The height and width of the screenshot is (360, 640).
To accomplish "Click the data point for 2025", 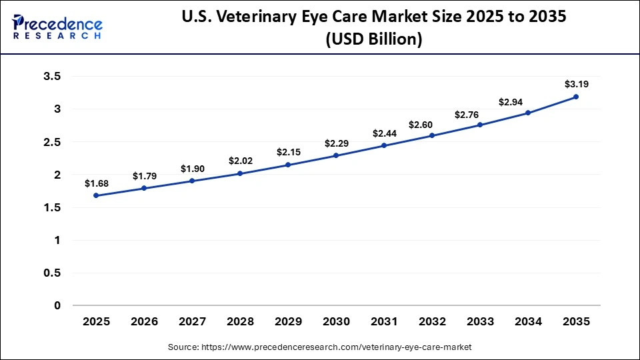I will pos(97,195).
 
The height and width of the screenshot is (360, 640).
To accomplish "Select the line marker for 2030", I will pos(336,155).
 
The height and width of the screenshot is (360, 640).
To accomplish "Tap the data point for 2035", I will pos(576,97).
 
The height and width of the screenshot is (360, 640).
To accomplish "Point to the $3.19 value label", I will pos(576,84).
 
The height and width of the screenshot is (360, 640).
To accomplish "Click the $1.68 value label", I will pos(97,183).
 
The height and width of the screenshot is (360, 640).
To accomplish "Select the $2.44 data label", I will pos(384,133).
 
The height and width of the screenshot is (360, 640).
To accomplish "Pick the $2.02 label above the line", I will pos(240,161).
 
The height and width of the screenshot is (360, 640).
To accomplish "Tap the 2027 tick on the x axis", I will pos(192,321).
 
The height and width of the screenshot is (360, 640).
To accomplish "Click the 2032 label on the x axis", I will pos(432,321).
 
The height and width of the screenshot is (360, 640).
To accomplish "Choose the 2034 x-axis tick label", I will pos(528,321).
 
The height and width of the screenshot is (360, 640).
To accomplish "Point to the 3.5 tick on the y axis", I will pos(52,77).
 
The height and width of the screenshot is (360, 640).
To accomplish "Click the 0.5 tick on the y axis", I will pos(52,273).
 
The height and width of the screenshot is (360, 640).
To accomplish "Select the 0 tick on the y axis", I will pos(57,306).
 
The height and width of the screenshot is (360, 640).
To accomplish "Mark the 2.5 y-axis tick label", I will pos(52,142).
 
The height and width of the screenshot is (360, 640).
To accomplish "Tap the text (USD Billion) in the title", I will pos(373,39).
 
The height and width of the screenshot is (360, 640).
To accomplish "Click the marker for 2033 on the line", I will pos(480,125).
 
